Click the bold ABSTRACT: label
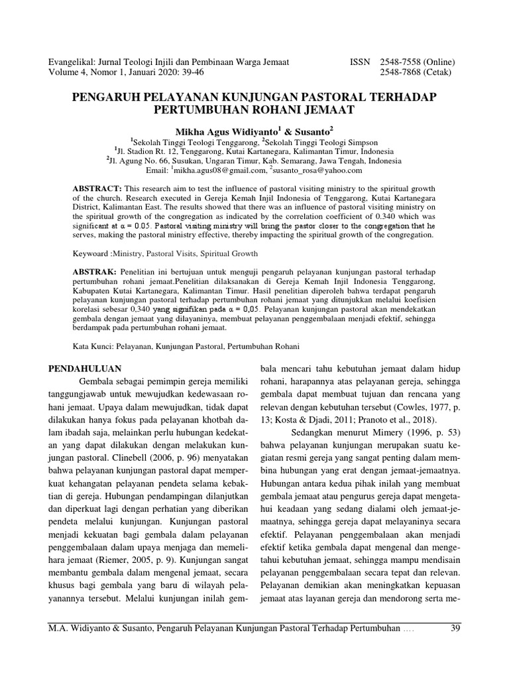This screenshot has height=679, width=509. point(96,188)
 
